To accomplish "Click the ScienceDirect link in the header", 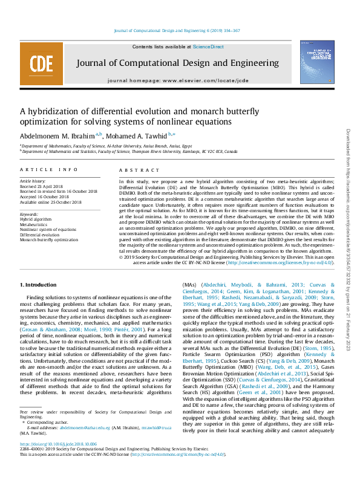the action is [x=208, y=47].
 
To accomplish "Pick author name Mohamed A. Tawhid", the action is [x=141, y=135].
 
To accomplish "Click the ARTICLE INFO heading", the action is [x=49, y=170].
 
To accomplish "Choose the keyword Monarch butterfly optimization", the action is [x=49, y=239].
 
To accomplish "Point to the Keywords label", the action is [x=30, y=214].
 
